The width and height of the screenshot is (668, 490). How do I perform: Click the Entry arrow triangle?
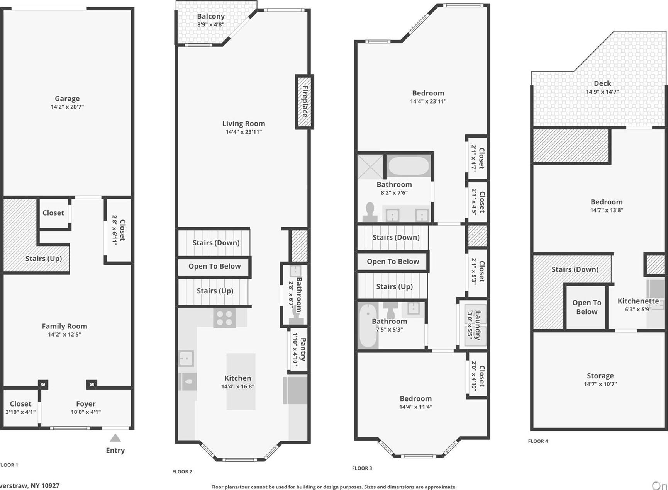[115, 438]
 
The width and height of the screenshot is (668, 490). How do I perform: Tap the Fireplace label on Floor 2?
[305, 102]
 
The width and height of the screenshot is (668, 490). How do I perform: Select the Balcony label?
[210, 16]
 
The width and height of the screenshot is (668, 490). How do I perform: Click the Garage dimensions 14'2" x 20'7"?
[67, 107]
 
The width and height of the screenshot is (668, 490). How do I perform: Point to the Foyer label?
[85, 404]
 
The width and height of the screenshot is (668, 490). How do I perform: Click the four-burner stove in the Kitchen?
[224, 318]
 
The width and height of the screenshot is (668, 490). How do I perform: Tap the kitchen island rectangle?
[241, 381]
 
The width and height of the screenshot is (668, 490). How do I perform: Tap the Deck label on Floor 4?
[602, 83]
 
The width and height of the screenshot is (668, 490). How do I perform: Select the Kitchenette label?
[638, 301]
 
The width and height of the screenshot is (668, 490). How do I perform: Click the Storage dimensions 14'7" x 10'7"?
[600, 384]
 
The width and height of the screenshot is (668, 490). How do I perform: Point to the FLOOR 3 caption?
[362, 468]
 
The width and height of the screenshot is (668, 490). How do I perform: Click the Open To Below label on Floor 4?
[587, 307]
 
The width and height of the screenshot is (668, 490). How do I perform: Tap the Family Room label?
[64, 326]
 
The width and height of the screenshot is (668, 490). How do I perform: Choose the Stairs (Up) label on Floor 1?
[44, 259]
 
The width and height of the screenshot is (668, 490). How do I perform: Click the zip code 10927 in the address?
[49, 486]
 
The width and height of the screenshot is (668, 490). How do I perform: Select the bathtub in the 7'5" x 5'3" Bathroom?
[368, 325]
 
